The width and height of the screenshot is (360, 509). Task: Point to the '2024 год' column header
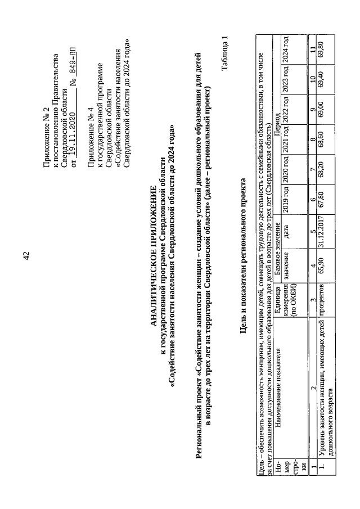tap(289, 46)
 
